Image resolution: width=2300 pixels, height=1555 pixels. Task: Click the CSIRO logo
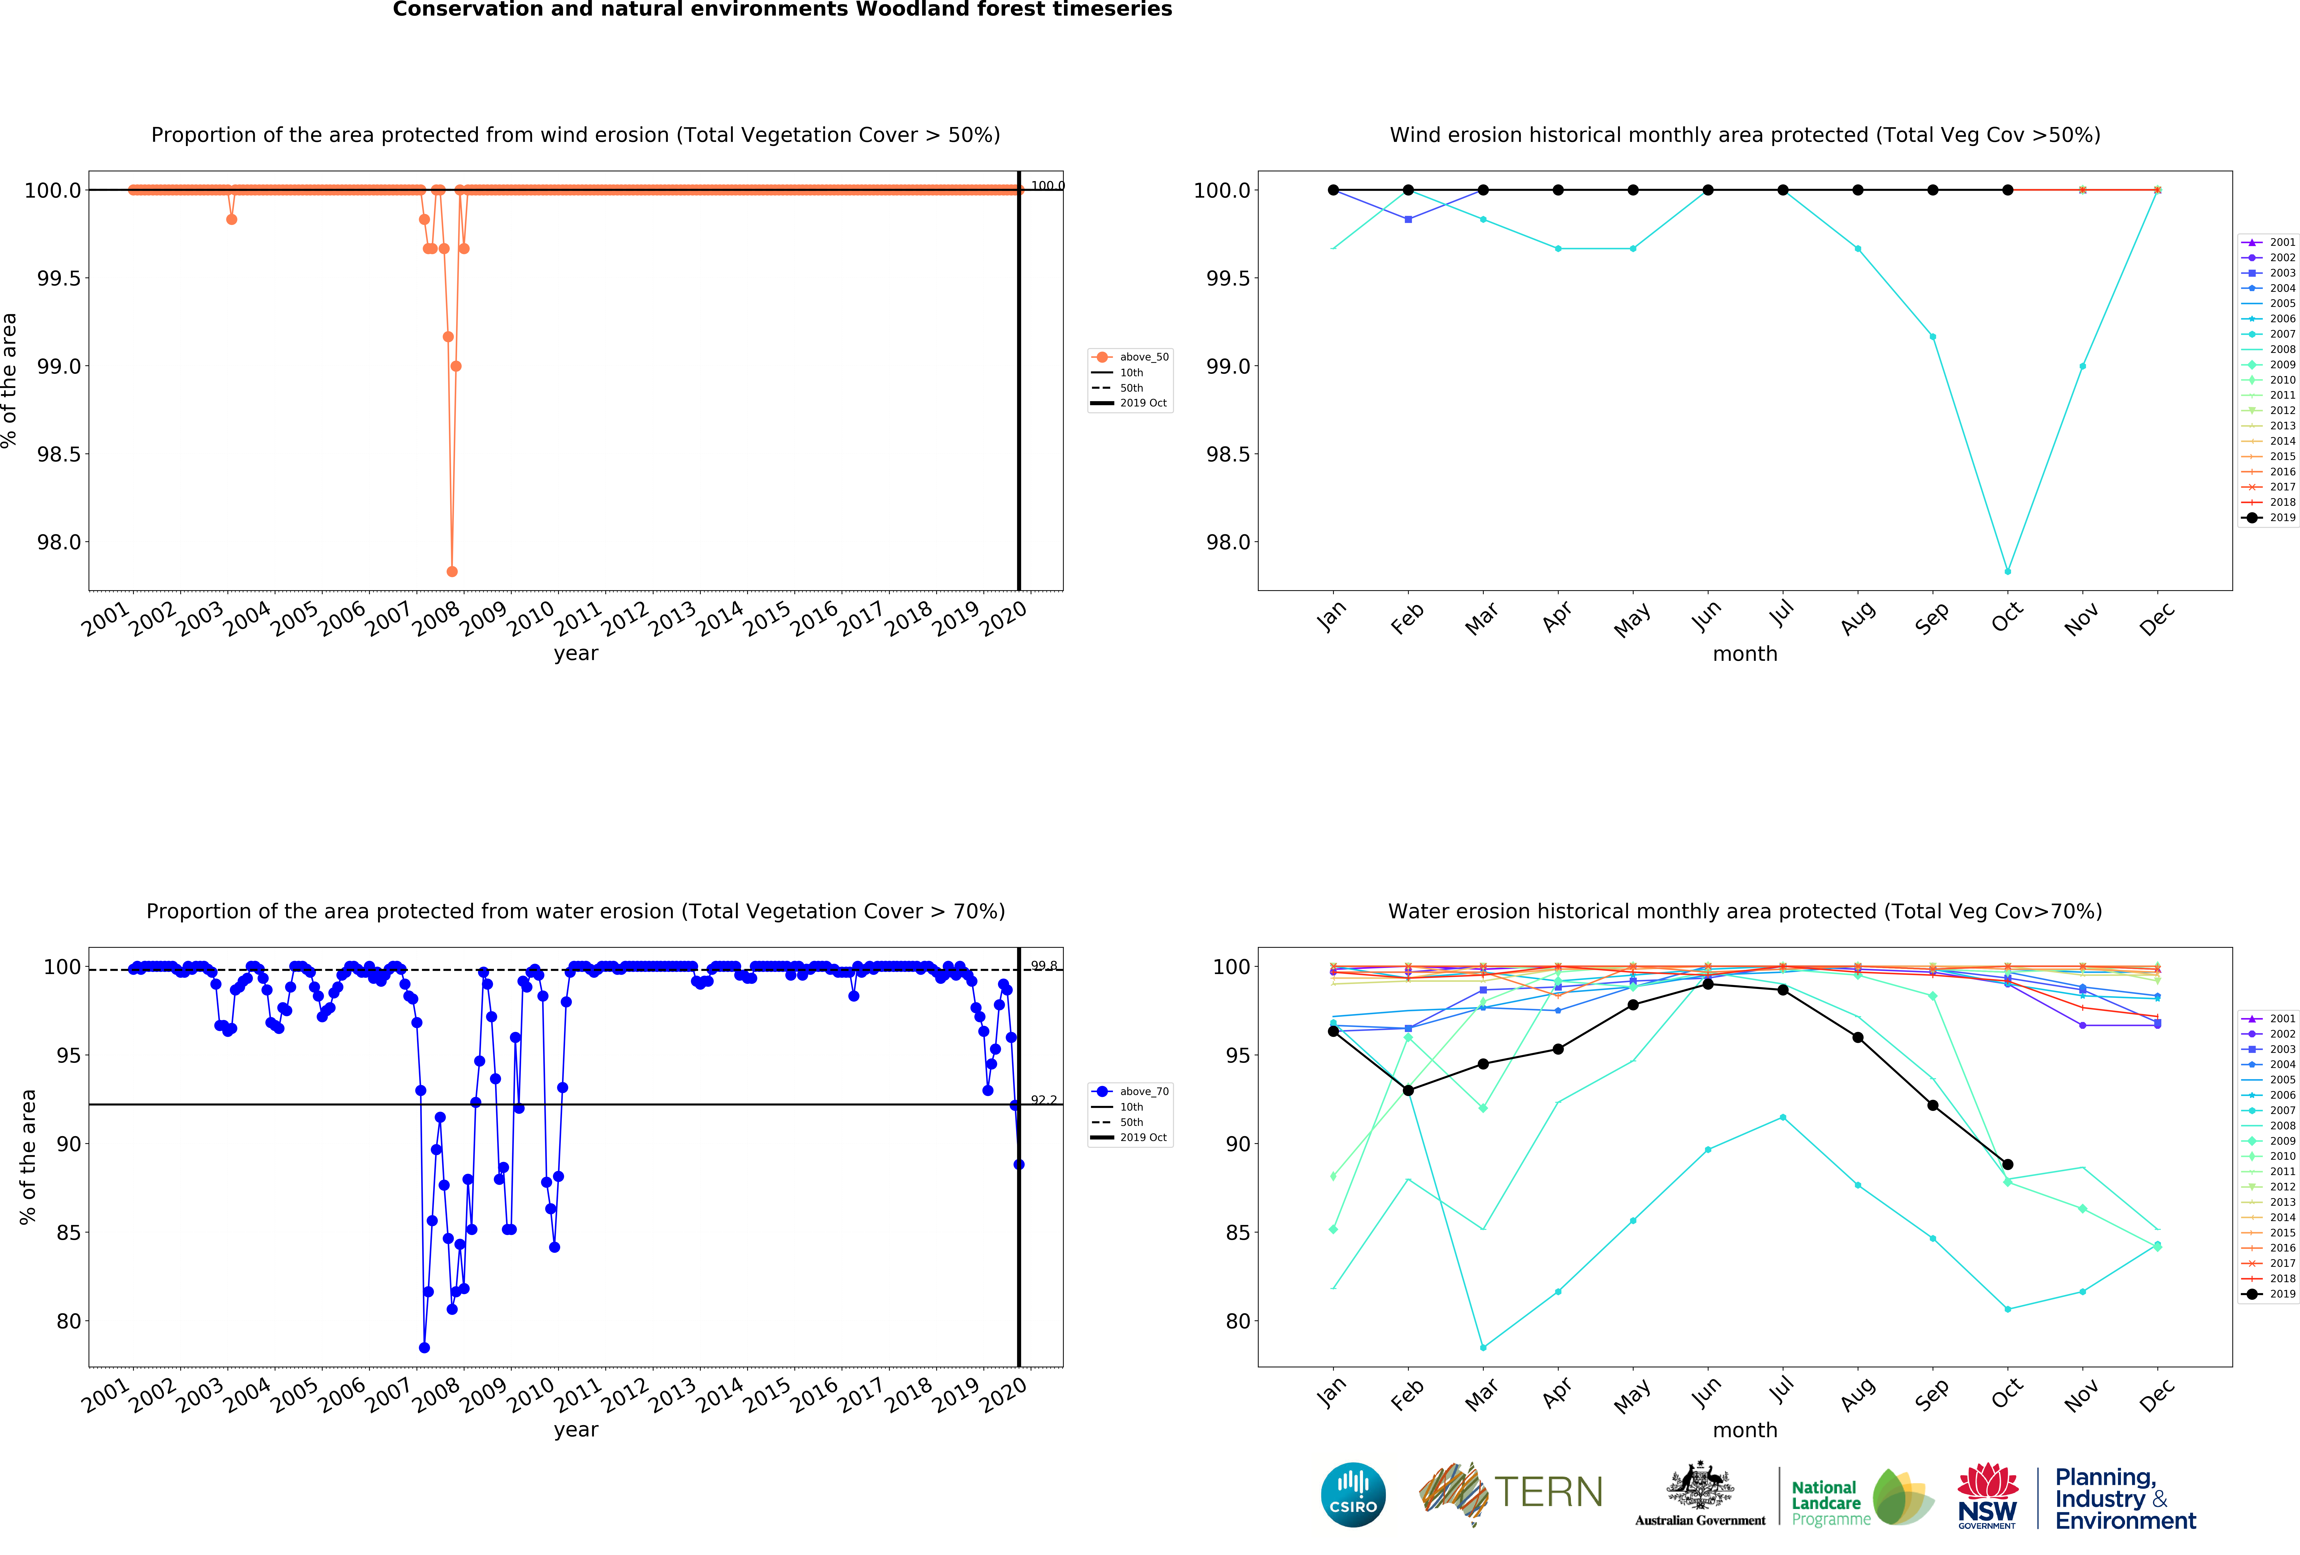[1353, 1495]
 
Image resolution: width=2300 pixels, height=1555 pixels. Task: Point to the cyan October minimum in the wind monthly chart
[2007, 571]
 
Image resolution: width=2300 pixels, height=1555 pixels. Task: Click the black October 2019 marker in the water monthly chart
[2007, 1164]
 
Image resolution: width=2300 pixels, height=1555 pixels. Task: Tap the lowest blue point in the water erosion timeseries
[425, 1347]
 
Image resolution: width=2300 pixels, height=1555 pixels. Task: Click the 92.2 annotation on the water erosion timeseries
[1043, 1100]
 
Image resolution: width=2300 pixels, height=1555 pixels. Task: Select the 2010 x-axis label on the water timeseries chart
[530, 1396]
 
